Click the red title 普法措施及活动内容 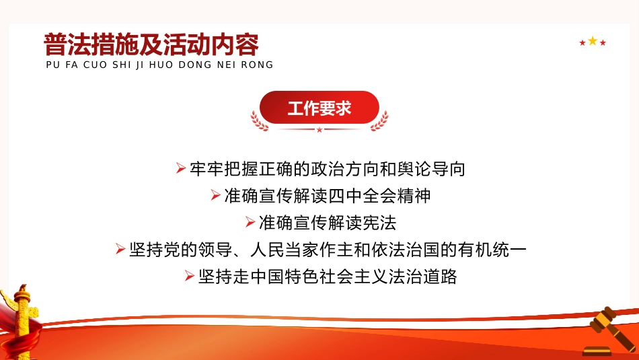pos(151,45)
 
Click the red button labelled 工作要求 pos(319,108)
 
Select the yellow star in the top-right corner pos(593,41)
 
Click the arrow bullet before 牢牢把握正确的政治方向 pos(180,168)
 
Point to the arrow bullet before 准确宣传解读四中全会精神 pos(215,195)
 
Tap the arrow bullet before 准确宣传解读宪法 pos(250,222)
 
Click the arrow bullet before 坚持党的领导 pos(120,249)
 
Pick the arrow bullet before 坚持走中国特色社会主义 pos(190,276)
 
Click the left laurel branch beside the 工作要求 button pos(259,121)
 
